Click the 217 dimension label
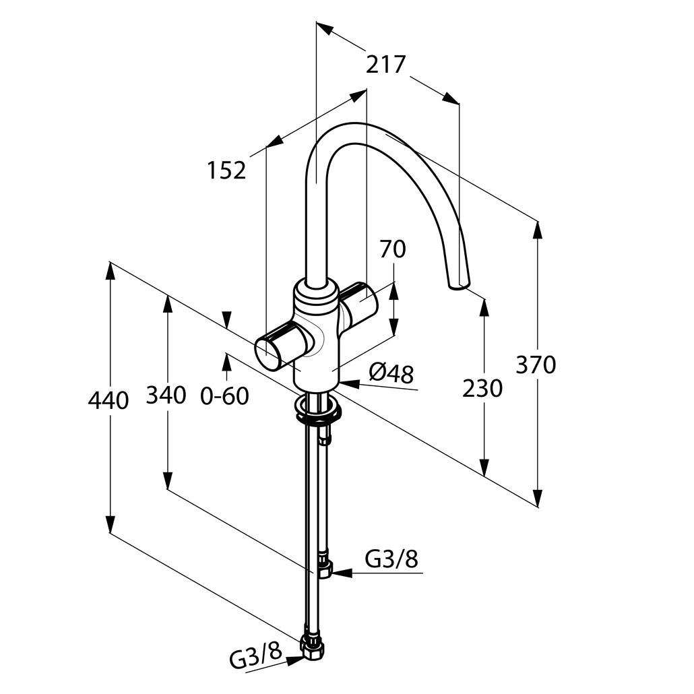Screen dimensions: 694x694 (x=385, y=65)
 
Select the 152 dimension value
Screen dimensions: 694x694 (x=226, y=170)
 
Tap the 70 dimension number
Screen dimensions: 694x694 (x=393, y=249)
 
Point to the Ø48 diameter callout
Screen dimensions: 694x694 (x=391, y=374)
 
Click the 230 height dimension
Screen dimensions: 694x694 (x=482, y=389)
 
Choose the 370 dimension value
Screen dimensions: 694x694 (x=536, y=365)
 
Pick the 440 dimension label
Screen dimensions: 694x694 (x=108, y=400)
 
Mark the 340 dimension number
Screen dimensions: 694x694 (x=166, y=395)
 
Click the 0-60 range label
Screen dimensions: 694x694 (x=224, y=396)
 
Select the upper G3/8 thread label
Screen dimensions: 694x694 (x=391, y=559)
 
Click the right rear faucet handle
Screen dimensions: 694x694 (x=358, y=303)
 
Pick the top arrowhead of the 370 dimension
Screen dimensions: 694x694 (x=538, y=231)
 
